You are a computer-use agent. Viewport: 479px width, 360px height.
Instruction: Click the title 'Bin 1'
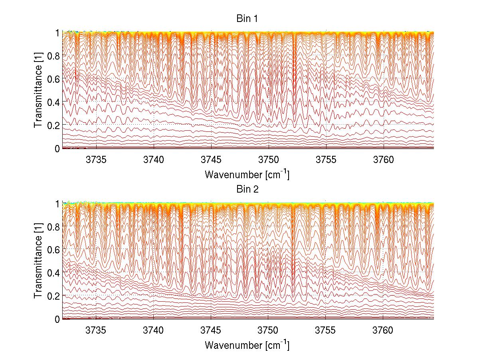pyautogui.click(x=247, y=19)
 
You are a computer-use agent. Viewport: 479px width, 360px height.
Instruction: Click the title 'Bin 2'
pyautogui.click(x=247, y=189)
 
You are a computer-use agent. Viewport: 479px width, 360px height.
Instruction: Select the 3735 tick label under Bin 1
pyautogui.click(x=96, y=160)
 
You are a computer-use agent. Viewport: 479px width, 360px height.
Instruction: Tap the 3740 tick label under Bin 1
pyautogui.click(x=154, y=160)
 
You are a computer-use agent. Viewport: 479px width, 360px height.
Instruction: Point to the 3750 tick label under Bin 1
pyautogui.click(x=268, y=160)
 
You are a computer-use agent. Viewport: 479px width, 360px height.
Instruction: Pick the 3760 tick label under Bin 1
pyautogui.click(x=383, y=160)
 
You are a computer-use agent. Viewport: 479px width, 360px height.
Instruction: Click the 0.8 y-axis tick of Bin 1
pyautogui.click(x=53, y=56)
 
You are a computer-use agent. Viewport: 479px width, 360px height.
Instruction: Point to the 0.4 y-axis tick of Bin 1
pyautogui.click(x=53, y=102)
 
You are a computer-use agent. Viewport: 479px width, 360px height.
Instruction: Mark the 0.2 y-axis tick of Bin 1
pyautogui.click(x=53, y=125)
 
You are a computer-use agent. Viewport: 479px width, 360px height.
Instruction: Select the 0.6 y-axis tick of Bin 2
pyautogui.click(x=53, y=249)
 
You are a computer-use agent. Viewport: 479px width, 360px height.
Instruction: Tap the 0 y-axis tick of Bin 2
pyautogui.click(x=57, y=319)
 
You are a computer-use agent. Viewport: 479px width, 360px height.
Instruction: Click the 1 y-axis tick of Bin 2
pyautogui.click(x=57, y=203)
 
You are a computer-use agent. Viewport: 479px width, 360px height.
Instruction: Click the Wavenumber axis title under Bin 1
pyautogui.click(x=247, y=175)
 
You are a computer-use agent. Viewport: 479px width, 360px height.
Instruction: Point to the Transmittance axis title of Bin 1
pyautogui.click(x=38, y=90)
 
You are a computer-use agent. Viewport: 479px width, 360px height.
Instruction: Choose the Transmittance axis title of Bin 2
pyautogui.click(x=38, y=261)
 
